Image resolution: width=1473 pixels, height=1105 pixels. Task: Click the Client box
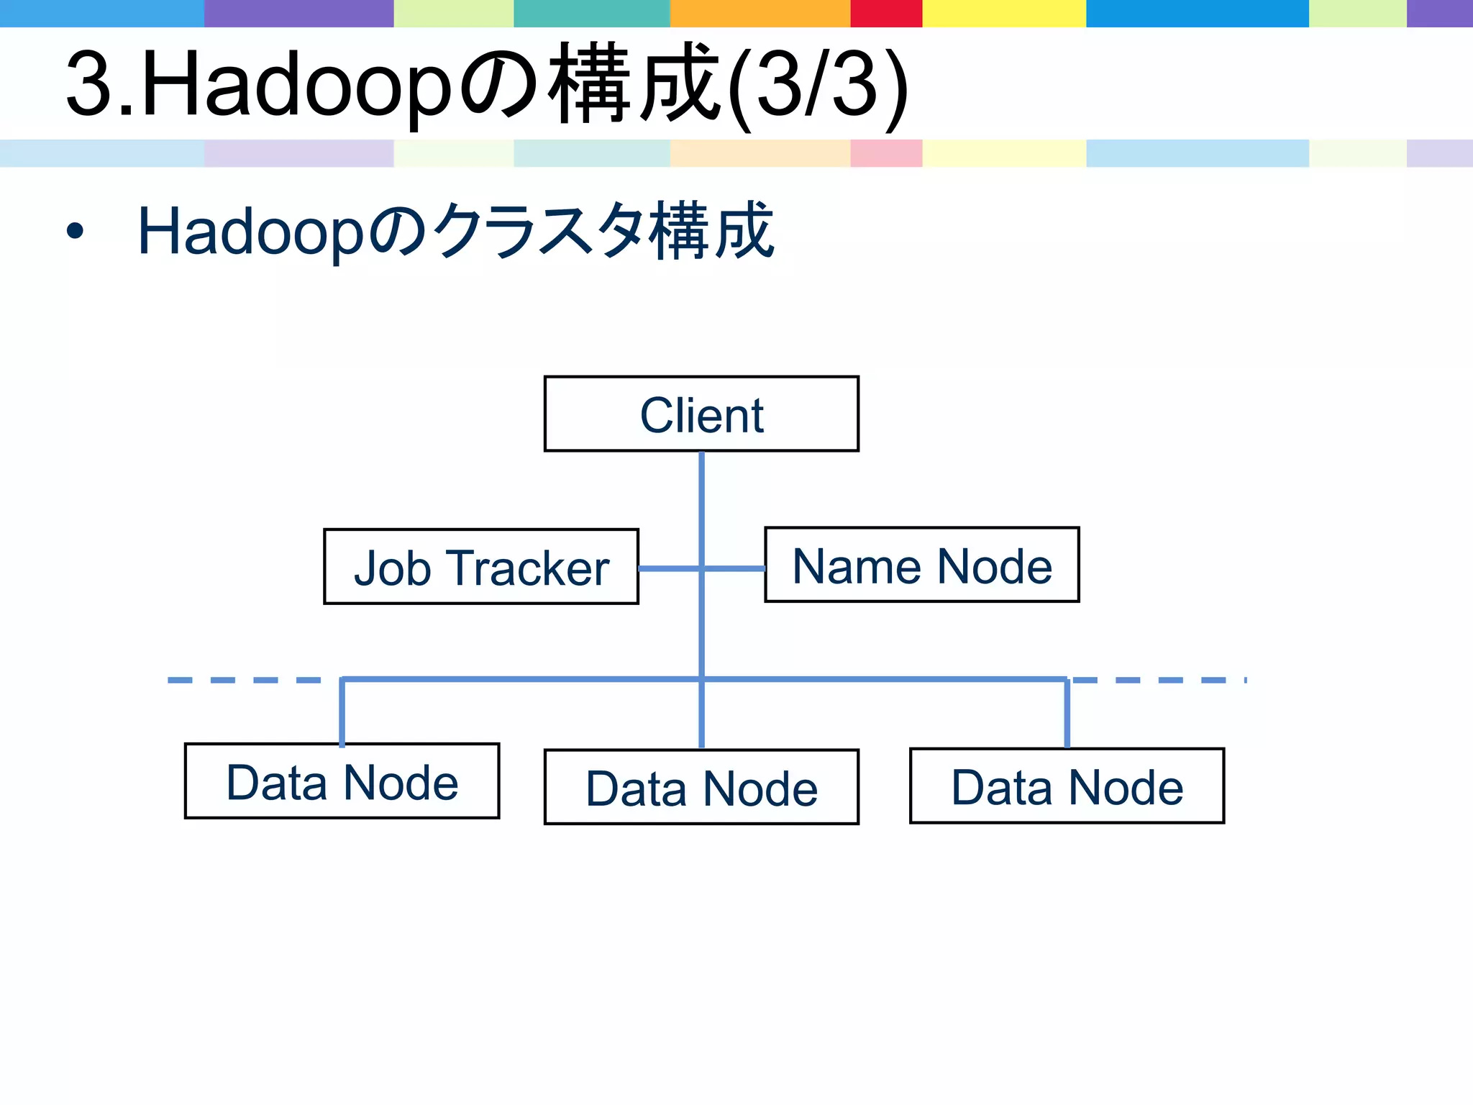point(701,414)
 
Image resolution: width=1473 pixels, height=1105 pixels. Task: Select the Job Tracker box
point(481,567)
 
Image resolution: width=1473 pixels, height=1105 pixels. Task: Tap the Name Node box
point(922,565)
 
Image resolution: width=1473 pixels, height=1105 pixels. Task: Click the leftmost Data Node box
point(342,781)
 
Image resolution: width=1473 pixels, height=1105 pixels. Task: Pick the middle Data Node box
point(701,787)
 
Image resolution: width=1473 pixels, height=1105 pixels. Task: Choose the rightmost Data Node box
point(1067,786)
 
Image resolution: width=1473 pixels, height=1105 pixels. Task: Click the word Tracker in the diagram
point(530,568)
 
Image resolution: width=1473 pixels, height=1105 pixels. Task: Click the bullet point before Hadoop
point(75,232)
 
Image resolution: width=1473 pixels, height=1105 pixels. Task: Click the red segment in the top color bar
point(886,13)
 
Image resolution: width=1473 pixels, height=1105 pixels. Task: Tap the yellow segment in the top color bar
point(1004,13)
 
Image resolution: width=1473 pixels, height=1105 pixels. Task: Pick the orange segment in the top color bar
point(760,13)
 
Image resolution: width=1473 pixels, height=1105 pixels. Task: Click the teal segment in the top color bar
point(592,13)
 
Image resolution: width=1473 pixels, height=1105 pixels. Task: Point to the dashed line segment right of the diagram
point(1158,680)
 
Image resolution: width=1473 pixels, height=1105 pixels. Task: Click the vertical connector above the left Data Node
point(342,712)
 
